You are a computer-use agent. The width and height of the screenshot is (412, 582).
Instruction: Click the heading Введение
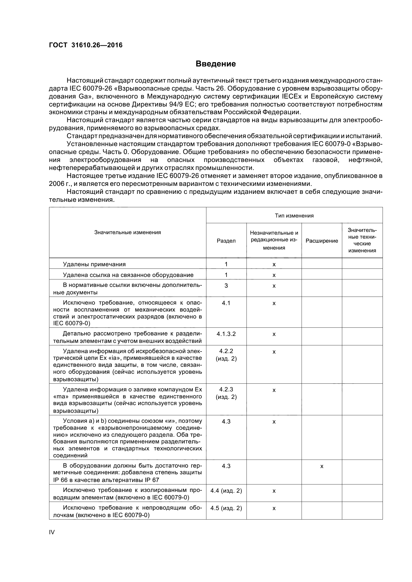(x=216, y=64)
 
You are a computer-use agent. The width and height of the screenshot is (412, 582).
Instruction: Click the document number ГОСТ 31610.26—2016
(x=85, y=45)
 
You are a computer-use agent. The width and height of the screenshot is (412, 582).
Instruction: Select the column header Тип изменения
(x=294, y=216)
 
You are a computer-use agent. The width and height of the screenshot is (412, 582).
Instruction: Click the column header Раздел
(x=226, y=241)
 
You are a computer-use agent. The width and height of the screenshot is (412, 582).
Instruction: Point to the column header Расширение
(x=322, y=241)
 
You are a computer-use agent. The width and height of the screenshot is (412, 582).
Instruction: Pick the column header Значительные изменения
(x=127, y=232)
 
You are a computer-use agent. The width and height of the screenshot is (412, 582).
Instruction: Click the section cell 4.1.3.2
(x=226, y=334)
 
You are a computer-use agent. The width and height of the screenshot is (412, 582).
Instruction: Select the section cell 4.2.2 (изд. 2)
(x=226, y=355)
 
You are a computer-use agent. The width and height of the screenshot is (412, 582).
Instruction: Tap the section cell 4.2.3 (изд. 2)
(x=226, y=393)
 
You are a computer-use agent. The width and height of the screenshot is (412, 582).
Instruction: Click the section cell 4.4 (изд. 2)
(x=226, y=491)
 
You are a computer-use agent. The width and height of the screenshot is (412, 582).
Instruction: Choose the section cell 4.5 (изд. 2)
(x=226, y=508)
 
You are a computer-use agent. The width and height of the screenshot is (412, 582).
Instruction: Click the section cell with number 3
(x=226, y=286)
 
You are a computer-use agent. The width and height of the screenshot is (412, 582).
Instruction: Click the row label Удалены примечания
(x=94, y=265)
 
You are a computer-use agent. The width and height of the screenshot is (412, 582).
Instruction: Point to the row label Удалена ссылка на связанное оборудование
(x=128, y=275)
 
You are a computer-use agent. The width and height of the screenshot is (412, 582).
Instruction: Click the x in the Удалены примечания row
(x=274, y=265)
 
